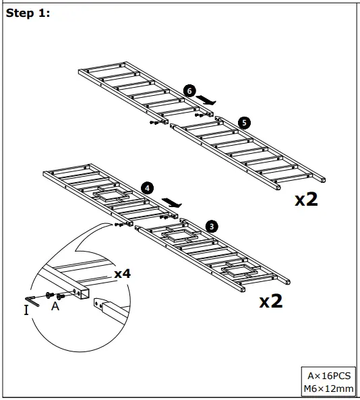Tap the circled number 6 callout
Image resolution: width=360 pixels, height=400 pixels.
(189, 90)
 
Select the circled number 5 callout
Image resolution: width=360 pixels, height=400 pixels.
(244, 123)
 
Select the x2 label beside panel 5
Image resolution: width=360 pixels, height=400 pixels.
(306, 200)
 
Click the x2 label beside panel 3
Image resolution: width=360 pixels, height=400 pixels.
(271, 301)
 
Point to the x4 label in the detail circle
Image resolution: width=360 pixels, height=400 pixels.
(122, 274)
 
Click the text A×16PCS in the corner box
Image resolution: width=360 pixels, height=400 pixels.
(330, 376)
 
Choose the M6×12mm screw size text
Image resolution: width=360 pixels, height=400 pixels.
(330, 389)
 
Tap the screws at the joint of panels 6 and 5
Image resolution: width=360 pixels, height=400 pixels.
(157, 123)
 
